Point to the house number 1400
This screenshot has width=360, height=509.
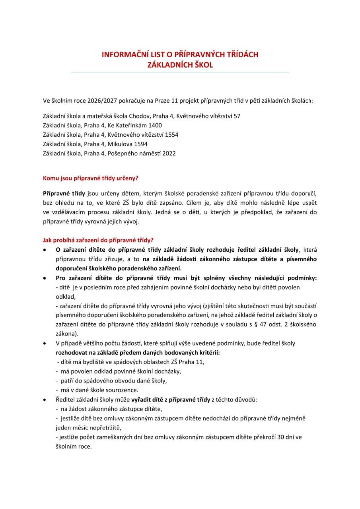click(x=155, y=125)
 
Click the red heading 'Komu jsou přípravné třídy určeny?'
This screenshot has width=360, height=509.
click(x=90, y=179)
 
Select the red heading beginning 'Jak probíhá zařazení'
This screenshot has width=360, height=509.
click(x=98, y=241)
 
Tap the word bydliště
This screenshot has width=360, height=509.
click(x=92, y=362)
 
